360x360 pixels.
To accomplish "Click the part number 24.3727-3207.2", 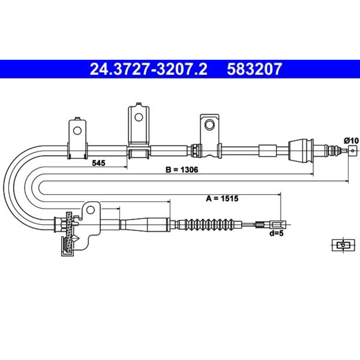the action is pos(148,69).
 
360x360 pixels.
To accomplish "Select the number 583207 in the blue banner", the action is pos(254,69).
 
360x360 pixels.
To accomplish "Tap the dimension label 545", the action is pos(99,163).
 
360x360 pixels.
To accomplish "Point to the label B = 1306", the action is pos(182,170).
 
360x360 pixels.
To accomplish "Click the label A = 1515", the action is pos(222,198).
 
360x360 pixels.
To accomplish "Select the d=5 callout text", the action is pos(276,234).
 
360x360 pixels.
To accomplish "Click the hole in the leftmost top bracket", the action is pos(77,131).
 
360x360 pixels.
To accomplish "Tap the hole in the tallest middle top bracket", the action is pos(139,117).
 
